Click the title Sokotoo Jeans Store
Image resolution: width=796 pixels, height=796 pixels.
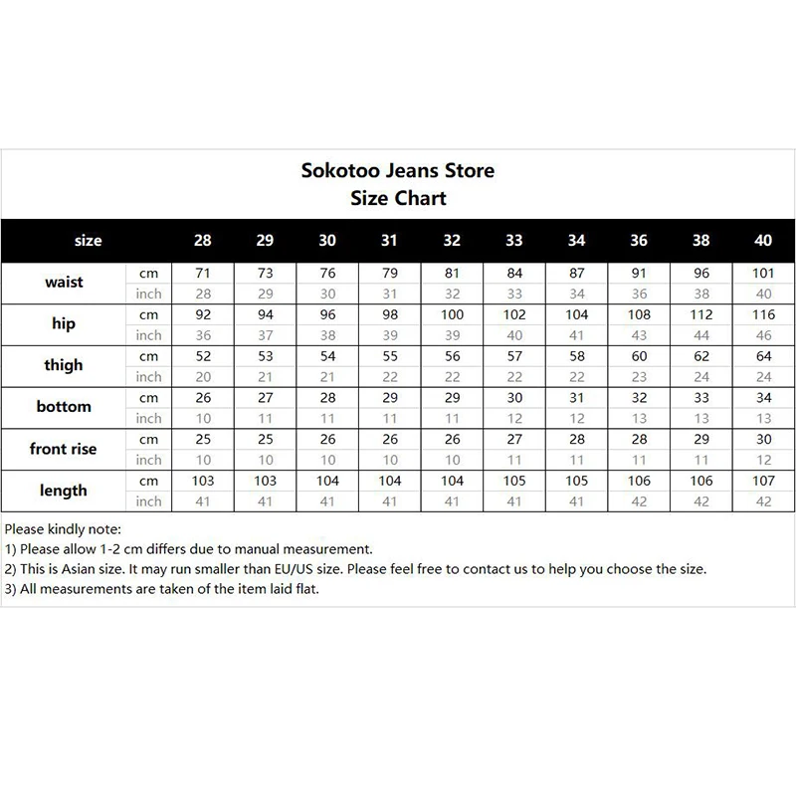click(x=397, y=170)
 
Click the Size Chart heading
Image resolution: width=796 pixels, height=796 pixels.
click(x=398, y=197)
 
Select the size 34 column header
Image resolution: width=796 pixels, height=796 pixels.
click(x=576, y=240)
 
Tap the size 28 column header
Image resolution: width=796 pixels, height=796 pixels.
click(x=203, y=240)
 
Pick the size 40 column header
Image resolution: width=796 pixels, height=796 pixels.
click(x=763, y=240)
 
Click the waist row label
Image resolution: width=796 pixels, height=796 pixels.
click(x=64, y=282)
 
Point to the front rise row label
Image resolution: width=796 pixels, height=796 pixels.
click(x=64, y=449)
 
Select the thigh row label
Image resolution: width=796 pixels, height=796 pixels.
click(x=64, y=365)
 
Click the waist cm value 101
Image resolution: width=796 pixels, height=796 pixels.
click(x=763, y=272)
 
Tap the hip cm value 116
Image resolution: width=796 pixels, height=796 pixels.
click(x=763, y=313)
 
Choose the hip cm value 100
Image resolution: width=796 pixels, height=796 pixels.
click(x=452, y=313)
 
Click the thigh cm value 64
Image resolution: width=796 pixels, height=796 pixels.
click(x=763, y=355)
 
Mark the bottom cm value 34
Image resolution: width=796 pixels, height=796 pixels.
click(x=763, y=397)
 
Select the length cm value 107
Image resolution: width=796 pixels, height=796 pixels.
click(x=763, y=481)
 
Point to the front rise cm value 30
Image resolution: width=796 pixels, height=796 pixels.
click(x=763, y=439)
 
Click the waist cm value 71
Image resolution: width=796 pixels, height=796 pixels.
click(x=203, y=272)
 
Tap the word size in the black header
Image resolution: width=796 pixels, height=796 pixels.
click(x=89, y=240)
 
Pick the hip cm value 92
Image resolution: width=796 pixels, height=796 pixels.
click(x=203, y=313)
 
